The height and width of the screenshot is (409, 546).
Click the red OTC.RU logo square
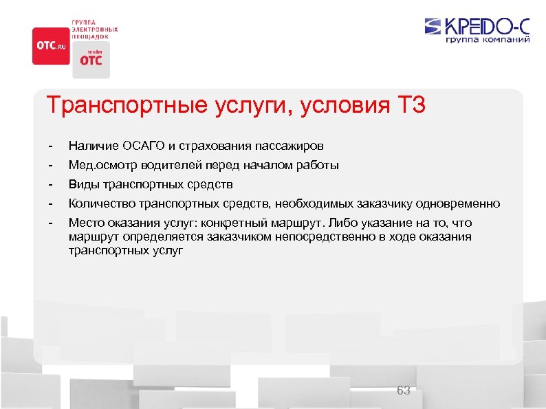pyautogui.click(x=51, y=45)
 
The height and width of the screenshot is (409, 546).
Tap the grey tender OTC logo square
pyautogui.click(x=91, y=58)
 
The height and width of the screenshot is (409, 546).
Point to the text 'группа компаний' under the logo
pyautogui.click(x=488, y=40)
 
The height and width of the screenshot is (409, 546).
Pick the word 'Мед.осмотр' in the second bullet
pyautogui.click(x=94, y=165)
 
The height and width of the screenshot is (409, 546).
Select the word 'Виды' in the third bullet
pyautogui.click(x=81, y=184)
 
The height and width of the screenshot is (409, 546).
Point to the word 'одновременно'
pyautogui.click(x=466, y=203)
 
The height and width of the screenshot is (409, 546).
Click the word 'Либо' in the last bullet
pyautogui.click(x=343, y=223)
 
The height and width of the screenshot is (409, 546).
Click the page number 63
pyautogui.click(x=404, y=390)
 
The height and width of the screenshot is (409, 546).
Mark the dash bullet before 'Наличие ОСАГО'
pyautogui.click(x=50, y=146)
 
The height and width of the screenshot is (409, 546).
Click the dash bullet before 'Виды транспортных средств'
pyautogui.click(x=50, y=184)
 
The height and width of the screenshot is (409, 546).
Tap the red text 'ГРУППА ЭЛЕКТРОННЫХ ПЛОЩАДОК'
pyautogui.click(x=95, y=29)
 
